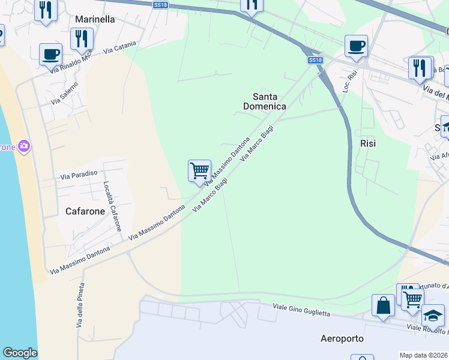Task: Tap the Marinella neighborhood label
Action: click(95, 19)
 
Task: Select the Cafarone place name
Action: click(85, 211)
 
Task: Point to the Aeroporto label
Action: click(342, 338)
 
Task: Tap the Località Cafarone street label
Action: click(112, 206)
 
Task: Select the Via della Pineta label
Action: click(80, 305)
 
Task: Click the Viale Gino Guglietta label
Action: click(301, 310)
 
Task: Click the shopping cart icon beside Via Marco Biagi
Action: click(199, 170)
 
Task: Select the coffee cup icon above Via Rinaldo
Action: click(50, 54)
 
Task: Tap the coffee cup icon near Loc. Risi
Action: click(356, 46)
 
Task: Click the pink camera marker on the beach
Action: click(24, 146)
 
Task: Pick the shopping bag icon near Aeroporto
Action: click(383, 305)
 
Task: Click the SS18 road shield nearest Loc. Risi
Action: click(316, 60)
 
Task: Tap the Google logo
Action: click(20, 353)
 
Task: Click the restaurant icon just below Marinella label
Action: click(81, 39)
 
